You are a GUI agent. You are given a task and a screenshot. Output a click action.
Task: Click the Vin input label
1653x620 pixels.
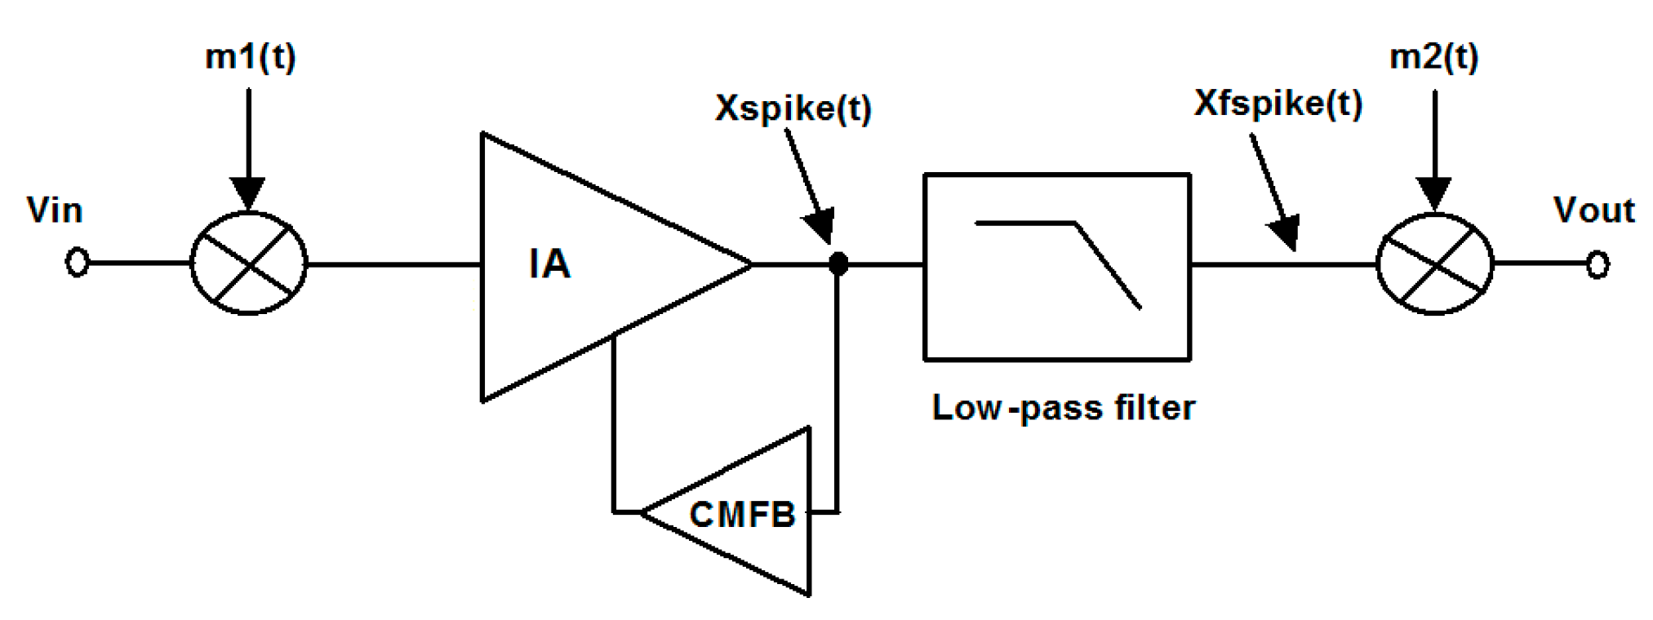click(55, 210)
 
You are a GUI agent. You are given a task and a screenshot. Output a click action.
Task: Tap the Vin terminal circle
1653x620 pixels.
click(77, 263)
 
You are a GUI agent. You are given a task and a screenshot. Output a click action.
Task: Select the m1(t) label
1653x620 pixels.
click(250, 57)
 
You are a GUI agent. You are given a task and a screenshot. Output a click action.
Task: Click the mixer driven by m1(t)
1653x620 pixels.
click(248, 263)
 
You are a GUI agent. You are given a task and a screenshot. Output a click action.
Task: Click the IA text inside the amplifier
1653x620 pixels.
click(549, 264)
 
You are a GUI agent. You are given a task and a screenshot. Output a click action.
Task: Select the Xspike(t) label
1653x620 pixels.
click(793, 108)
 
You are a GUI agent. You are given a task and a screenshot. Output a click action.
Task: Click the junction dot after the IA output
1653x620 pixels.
click(838, 263)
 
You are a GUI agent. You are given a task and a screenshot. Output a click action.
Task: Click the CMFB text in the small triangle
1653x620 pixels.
click(742, 515)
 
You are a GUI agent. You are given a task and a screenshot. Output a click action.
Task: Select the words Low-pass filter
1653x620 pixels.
click(1063, 407)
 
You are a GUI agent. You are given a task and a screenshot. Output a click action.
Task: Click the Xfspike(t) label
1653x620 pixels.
click(1278, 104)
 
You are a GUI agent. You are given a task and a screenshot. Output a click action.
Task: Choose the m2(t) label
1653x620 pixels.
click(1433, 57)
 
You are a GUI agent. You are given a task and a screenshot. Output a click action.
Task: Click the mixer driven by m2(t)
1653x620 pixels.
click(1434, 263)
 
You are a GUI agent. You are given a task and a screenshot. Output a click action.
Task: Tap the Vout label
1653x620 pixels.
click(1593, 210)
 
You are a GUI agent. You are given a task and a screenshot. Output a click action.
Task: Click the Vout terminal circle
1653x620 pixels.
click(1597, 263)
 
